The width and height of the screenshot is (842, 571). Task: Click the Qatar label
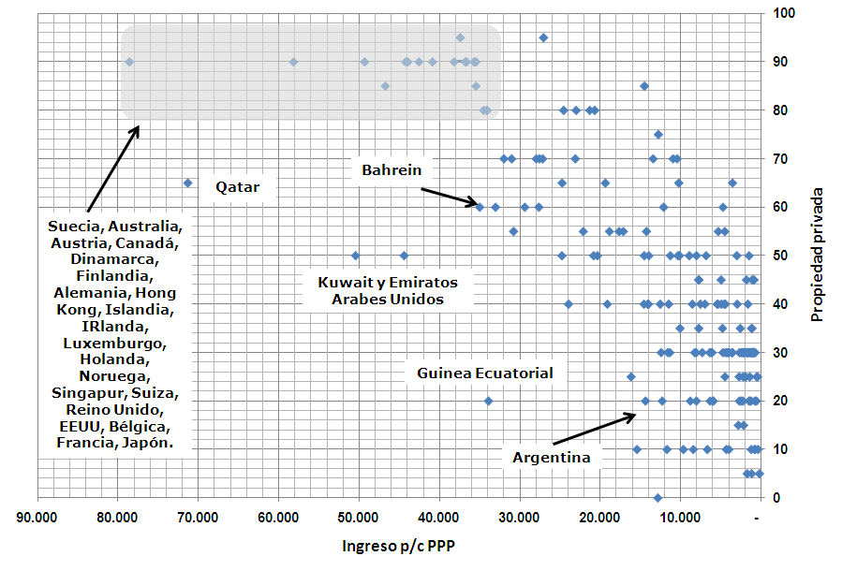point(237,187)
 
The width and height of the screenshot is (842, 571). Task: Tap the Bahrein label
point(391,170)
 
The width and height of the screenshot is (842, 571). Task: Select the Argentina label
point(552,458)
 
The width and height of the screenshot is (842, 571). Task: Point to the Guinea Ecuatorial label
point(485,373)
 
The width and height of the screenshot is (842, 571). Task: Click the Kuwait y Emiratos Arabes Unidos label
point(387,290)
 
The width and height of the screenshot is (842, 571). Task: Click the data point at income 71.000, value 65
point(187,183)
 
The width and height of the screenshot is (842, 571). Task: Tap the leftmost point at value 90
point(129,62)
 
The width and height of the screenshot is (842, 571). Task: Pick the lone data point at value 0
point(657,497)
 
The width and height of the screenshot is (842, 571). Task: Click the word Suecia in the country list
point(74,226)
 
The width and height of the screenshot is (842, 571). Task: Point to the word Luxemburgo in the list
point(114,344)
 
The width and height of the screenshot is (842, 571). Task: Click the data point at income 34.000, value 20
point(488,401)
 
